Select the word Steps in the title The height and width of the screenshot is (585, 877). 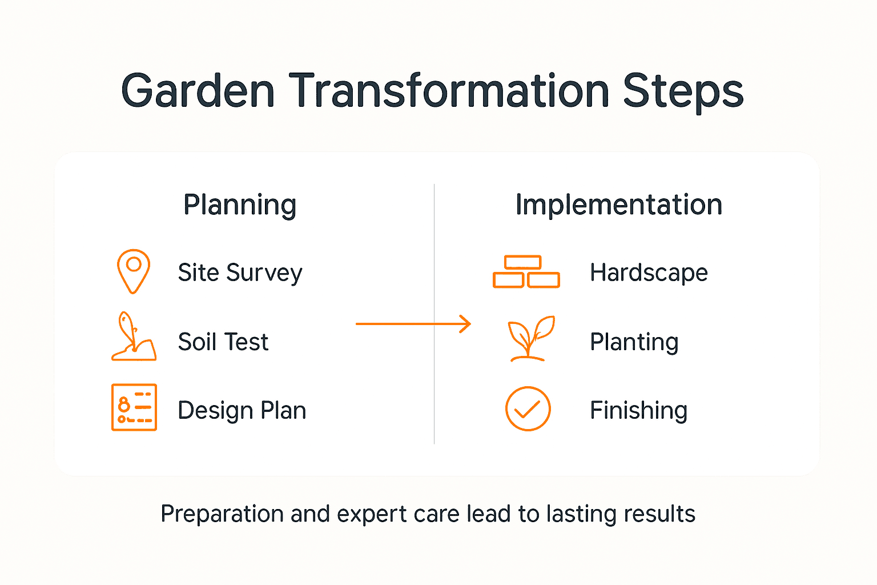683,91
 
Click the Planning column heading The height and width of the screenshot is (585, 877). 240,205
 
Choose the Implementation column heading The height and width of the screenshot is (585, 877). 618,205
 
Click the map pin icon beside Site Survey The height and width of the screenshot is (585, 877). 134,271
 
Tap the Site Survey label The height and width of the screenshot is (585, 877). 240,273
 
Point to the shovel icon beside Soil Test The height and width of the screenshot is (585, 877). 133,337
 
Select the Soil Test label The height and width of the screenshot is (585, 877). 223,342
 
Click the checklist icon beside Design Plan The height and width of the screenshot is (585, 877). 134,407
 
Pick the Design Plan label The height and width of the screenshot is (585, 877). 242,410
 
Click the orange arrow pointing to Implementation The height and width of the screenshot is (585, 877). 413,324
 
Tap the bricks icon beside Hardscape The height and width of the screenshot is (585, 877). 526,272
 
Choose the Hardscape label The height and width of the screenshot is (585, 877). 649,273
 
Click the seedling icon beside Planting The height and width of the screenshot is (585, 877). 530,338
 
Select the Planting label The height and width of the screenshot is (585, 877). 634,342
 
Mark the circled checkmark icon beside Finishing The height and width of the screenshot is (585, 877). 528,408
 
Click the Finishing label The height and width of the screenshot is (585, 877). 638,410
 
